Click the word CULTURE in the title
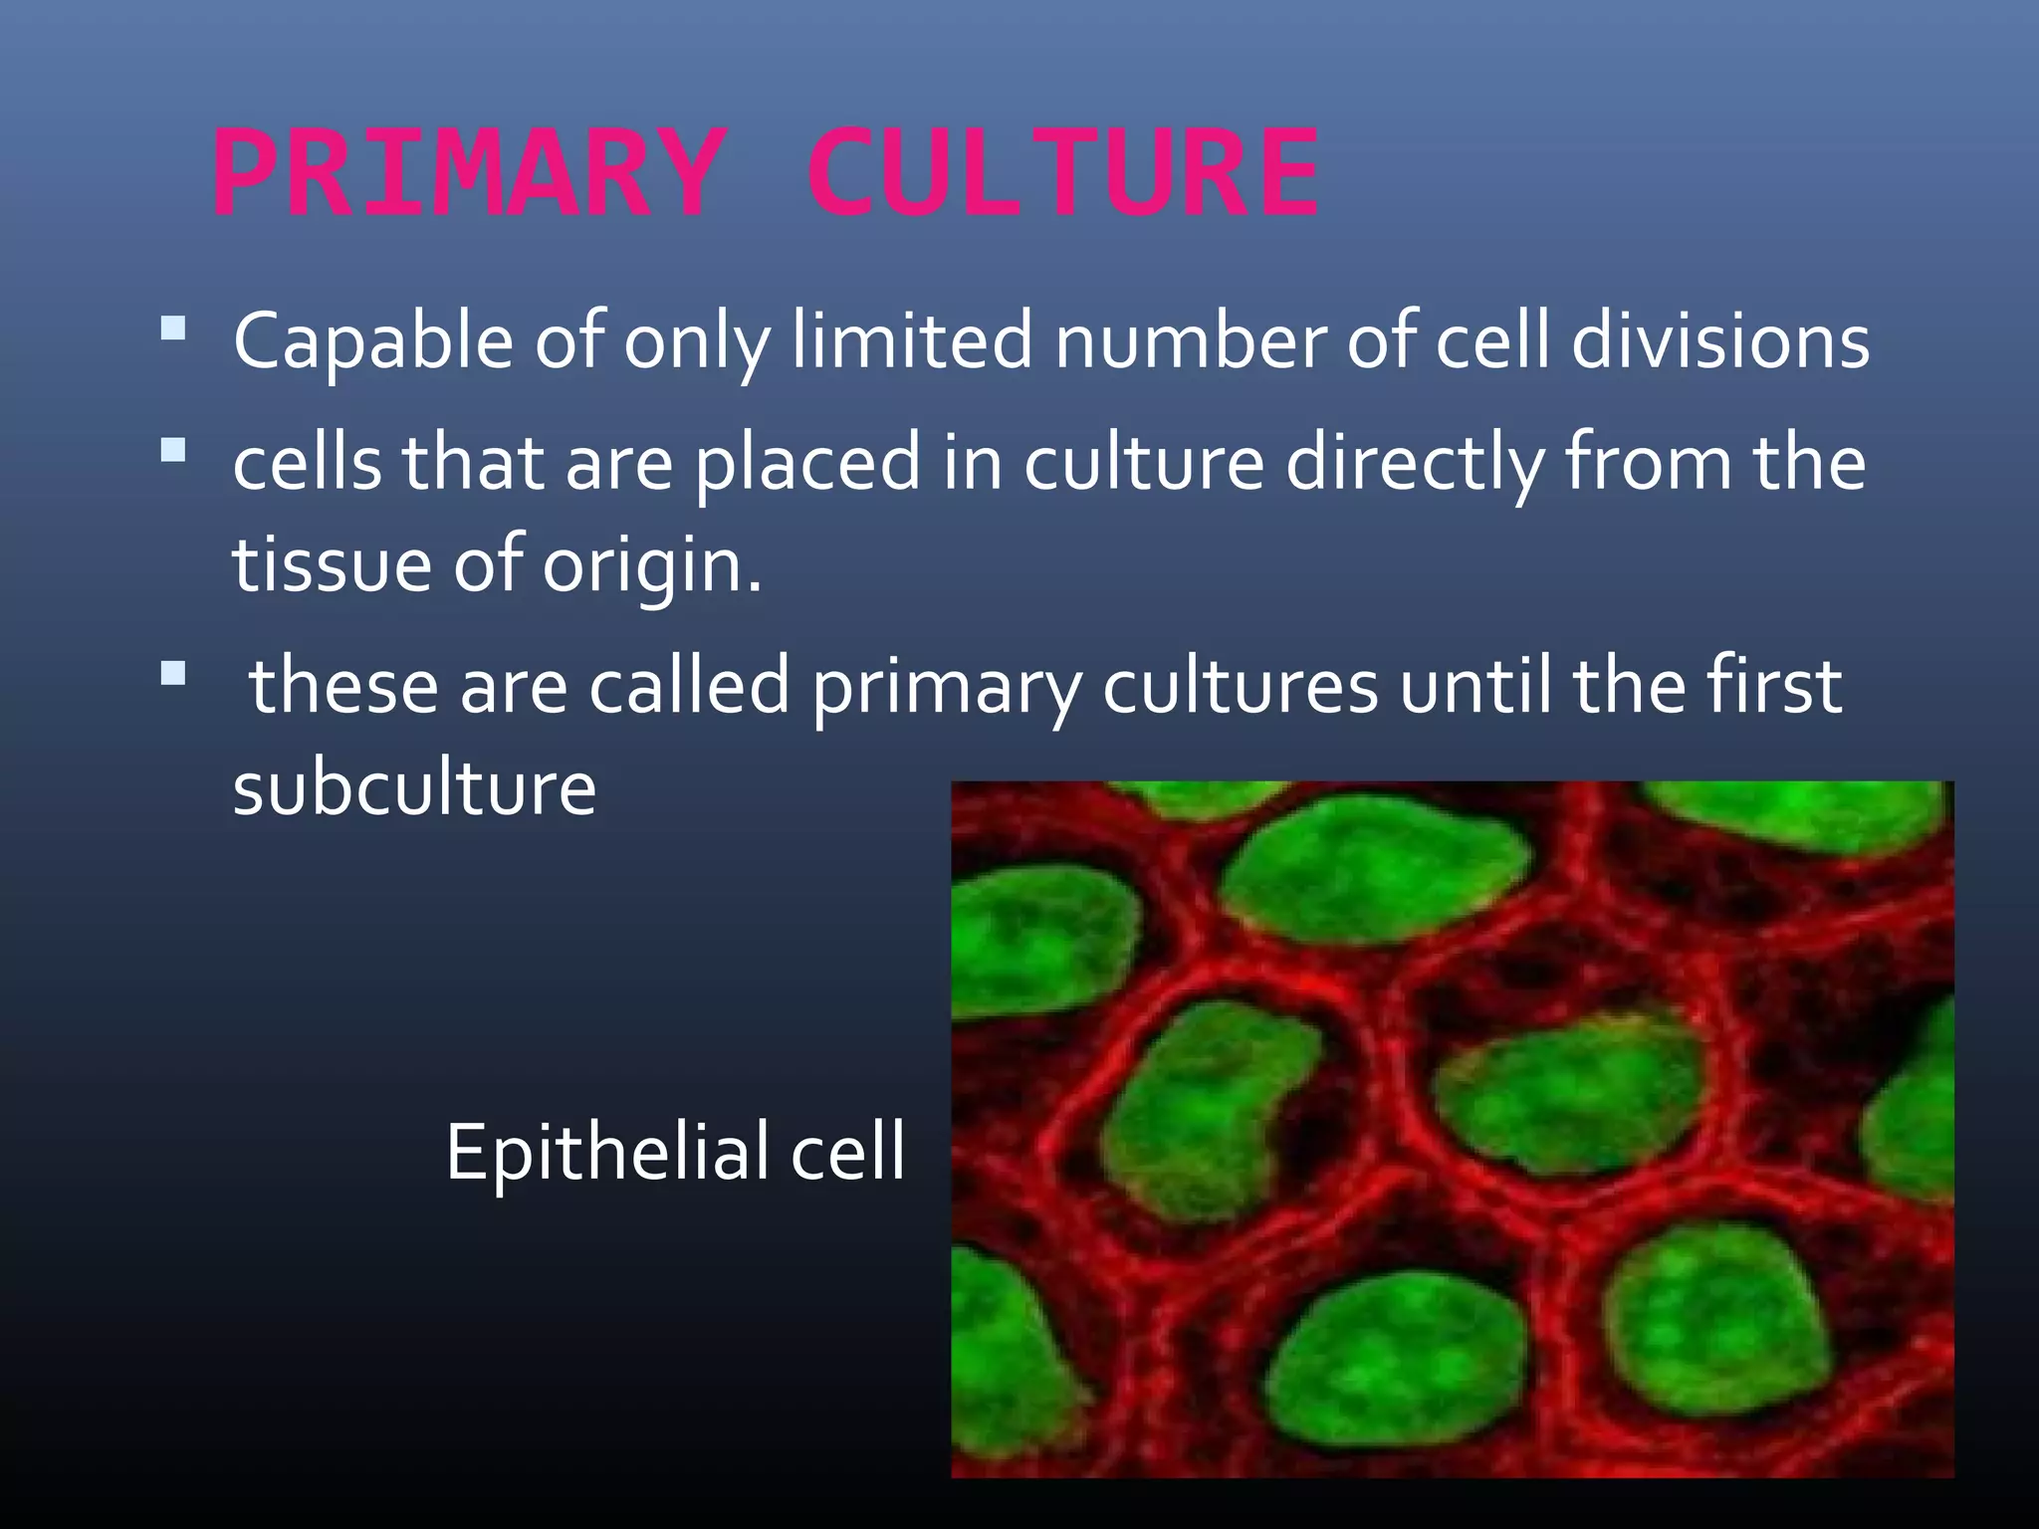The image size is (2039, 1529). [1062, 174]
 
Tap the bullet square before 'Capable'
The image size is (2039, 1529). [173, 328]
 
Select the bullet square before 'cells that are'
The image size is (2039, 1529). [173, 451]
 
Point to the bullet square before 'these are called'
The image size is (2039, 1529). [173, 674]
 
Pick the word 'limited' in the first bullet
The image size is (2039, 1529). [913, 341]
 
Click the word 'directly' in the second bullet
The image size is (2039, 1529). [1415, 464]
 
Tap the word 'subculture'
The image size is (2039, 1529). [414, 788]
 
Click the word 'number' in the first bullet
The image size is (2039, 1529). [1191, 341]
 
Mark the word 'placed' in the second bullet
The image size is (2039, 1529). [806, 464]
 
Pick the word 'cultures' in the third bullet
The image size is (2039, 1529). [1241, 686]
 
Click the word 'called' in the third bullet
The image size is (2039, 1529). [689, 686]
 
